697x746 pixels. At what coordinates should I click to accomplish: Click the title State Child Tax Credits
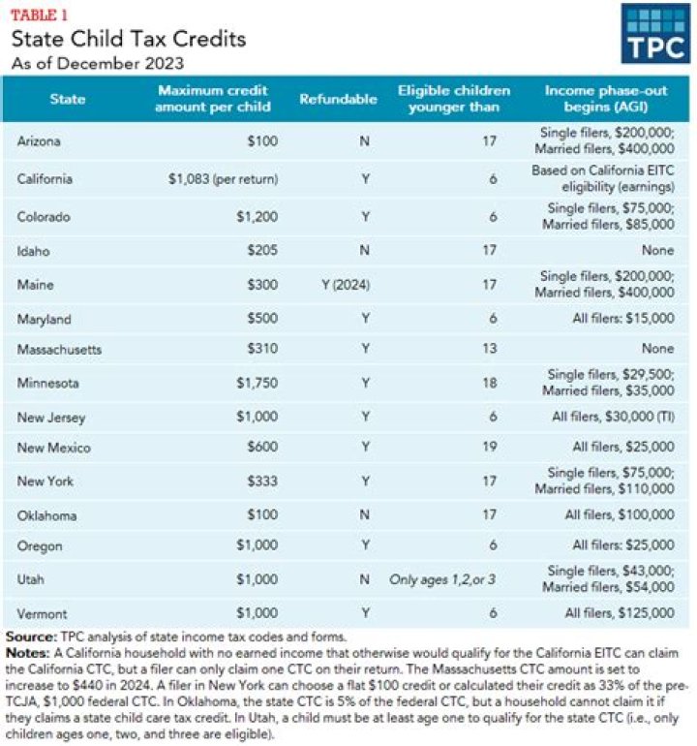(x=129, y=40)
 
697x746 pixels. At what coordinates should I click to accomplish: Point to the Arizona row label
(x=39, y=141)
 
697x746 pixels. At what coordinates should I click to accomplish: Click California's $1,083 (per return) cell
(x=222, y=179)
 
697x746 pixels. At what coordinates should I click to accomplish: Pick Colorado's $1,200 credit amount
(x=257, y=217)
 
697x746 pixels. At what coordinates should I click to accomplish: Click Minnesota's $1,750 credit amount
(x=257, y=383)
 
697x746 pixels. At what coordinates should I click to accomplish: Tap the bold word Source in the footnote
(x=30, y=637)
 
